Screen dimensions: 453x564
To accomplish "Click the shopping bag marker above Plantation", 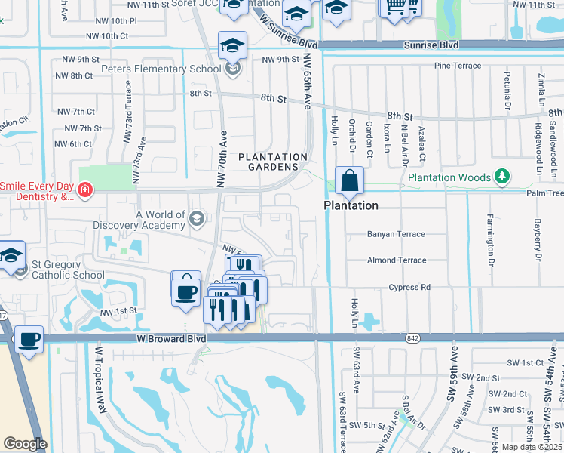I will click(x=350, y=181).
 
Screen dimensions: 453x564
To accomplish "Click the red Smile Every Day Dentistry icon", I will click(x=85, y=189).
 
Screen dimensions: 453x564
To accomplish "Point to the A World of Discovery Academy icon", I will click(x=197, y=219).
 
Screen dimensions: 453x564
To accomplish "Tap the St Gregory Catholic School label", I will click(x=68, y=270).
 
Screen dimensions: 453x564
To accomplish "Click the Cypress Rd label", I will click(x=409, y=288).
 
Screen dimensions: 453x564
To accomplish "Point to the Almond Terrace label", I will click(x=397, y=260).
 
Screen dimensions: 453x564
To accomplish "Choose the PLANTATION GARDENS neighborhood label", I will click(x=273, y=162).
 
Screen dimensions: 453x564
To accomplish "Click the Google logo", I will click(x=25, y=444).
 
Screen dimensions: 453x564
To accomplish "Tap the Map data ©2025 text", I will click(x=532, y=447).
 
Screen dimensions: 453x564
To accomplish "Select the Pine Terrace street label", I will click(x=458, y=66).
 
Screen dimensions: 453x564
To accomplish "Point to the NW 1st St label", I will click(x=117, y=311).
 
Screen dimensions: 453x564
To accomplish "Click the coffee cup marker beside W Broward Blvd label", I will click(x=29, y=341).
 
